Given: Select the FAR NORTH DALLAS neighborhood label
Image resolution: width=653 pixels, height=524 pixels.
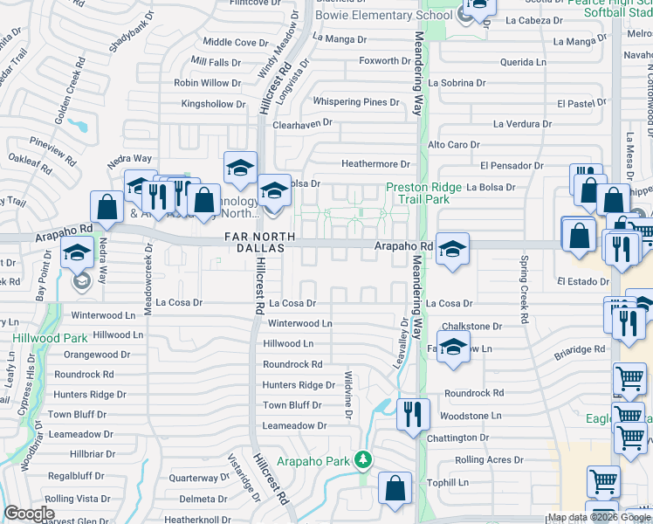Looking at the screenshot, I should coord(255,242).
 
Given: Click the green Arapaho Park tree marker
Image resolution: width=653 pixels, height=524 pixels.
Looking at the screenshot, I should coord(363,460).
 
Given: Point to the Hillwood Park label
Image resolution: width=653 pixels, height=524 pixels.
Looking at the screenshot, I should coord(38,338).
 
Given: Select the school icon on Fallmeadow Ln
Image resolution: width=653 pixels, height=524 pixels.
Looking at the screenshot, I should coord(453,348).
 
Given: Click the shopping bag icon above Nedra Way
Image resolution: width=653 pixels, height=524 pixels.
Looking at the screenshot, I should coord(107,207).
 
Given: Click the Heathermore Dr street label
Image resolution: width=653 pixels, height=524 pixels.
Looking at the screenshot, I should coord(375,164).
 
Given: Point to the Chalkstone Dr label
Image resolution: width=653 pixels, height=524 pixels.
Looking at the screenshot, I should coord(472,326).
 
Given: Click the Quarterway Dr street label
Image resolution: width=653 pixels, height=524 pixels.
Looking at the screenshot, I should coord(198,478).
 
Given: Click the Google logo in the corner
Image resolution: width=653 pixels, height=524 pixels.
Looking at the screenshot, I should coord(29,514).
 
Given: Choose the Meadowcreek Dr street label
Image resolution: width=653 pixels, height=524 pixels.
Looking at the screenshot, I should coord(148,287).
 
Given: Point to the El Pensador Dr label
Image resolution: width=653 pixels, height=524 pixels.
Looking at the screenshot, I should coord(512,165).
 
